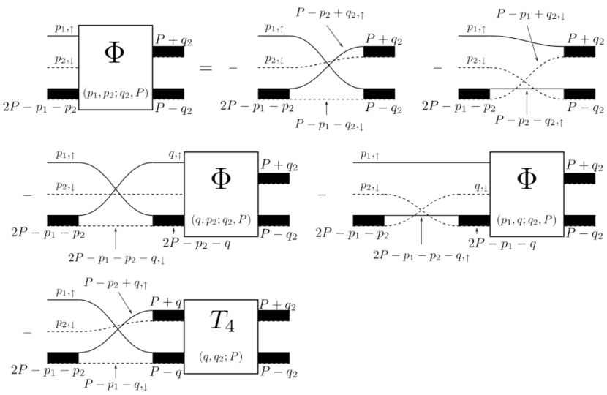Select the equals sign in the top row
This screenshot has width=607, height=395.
[x=206, y=69]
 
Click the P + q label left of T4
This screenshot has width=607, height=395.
[x=167, y=300]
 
